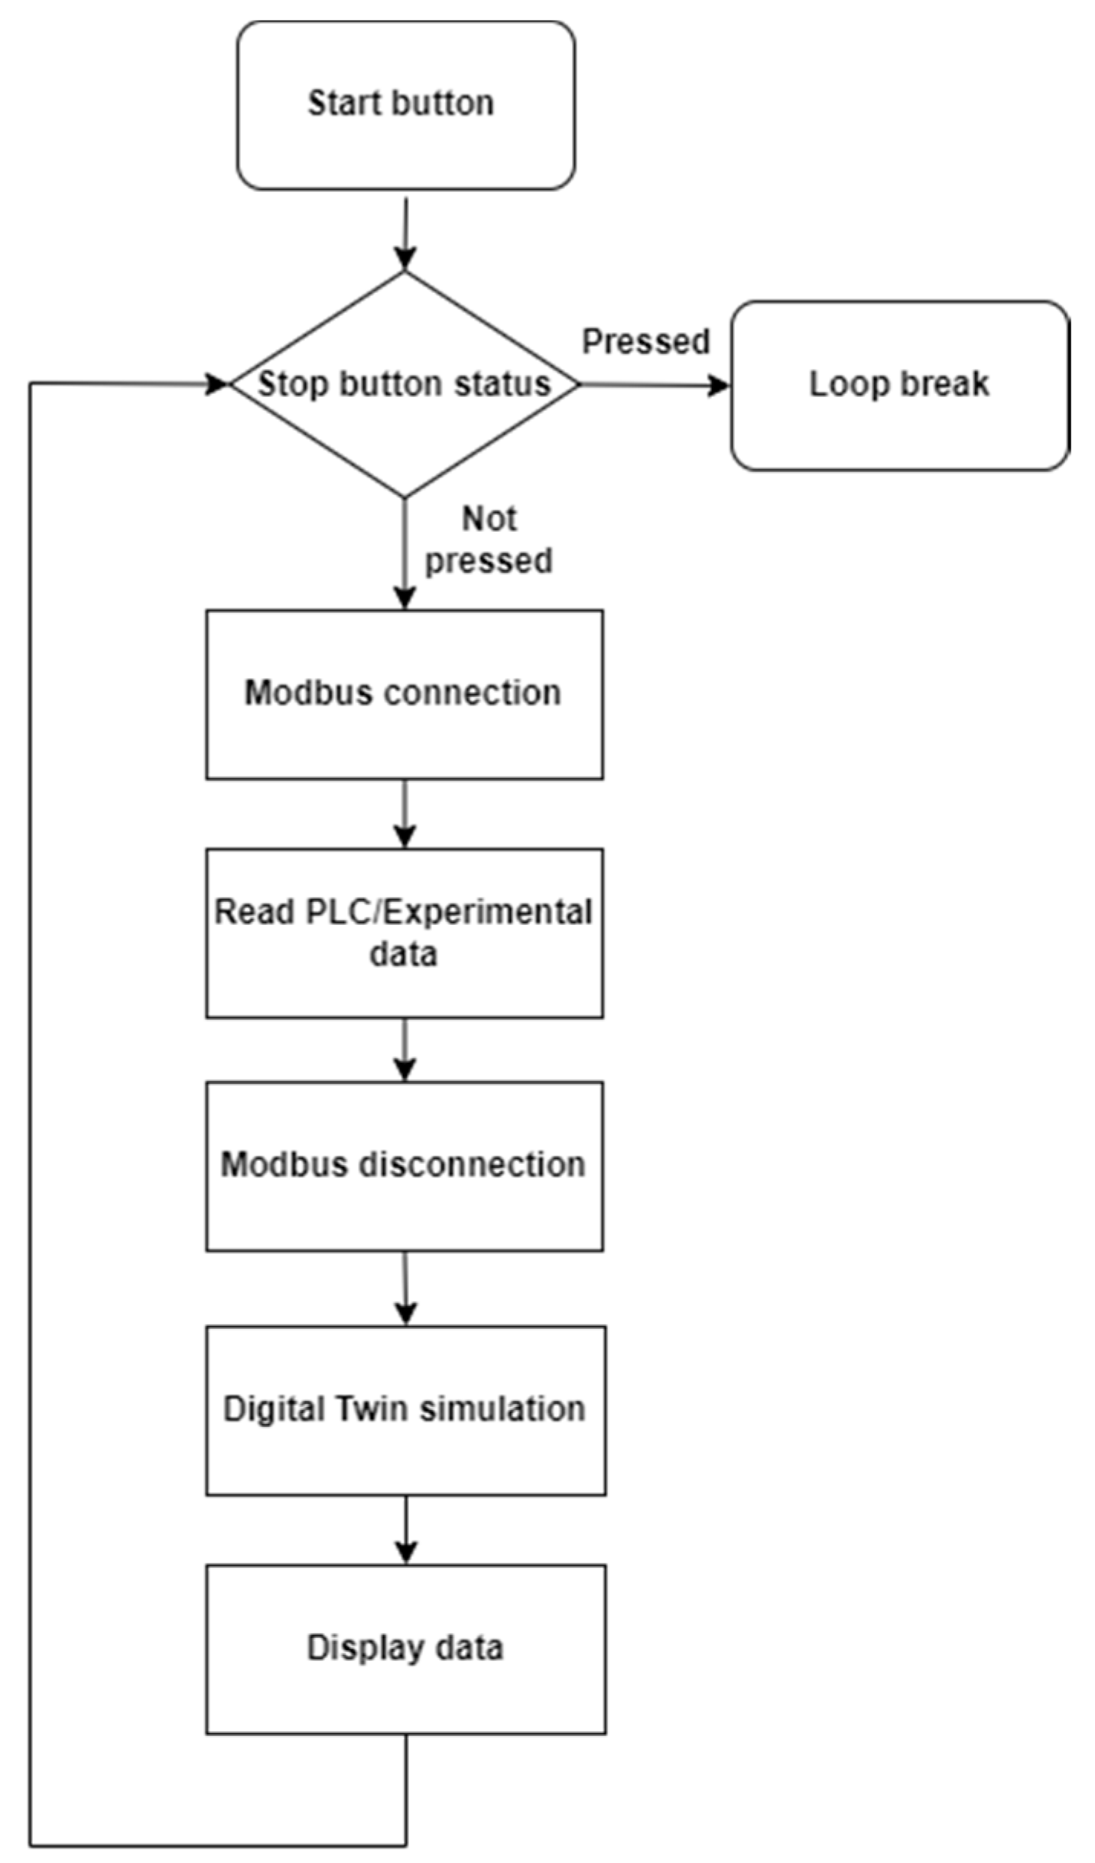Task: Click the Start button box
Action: (x=405, y=105)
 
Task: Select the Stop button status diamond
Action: (x=405, y=384)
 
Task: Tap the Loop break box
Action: (x=899, y=385)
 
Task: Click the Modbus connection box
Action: (x=404, y=694)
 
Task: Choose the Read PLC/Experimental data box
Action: (x=404, y=933)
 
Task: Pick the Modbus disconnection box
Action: (x=404, y=1166)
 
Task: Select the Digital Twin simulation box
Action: (x=405, y=1410)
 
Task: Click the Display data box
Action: (x=405, y=1649)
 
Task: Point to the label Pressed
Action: (x=646, y=341)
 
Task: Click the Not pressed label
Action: (x=489, y=540)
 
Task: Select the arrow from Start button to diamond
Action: (x=405, y=233)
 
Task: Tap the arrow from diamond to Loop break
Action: (x=654, y=385)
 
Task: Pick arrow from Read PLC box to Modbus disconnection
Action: (x=405, y=1050)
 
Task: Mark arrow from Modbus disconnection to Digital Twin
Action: (x=405, y=1288)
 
